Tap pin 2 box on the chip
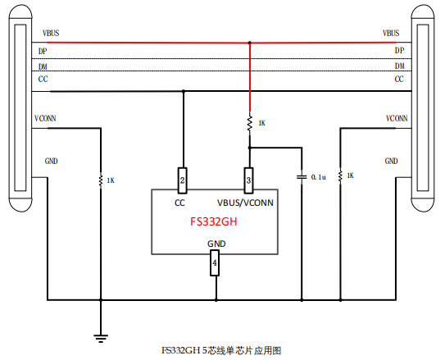pyautogui.click(x=184, y=179)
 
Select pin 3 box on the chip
pyautogui.click(x=249, y=179)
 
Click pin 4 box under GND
pyautogui.click(x=216, y=262)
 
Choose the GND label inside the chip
pyautogui.click(x=216, y=244)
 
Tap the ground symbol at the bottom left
pyautogui.click(x=102, y=335)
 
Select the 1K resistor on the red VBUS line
pyautogui.click(x=249, y=123)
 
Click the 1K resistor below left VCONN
pyautogui.click(x=102, y=180)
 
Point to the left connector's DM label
pyautogui.click(x=43, y=66)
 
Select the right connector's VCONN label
pyautogui.click(x=397, y=118)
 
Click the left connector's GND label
pyautogui.click(x=50, y=161)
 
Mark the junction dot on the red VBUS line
pyautogui.click(x=249, y=43)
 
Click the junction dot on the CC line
pyautogui.click(x=184, y=92)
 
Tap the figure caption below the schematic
pyautogui.click(x=221, y=350)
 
